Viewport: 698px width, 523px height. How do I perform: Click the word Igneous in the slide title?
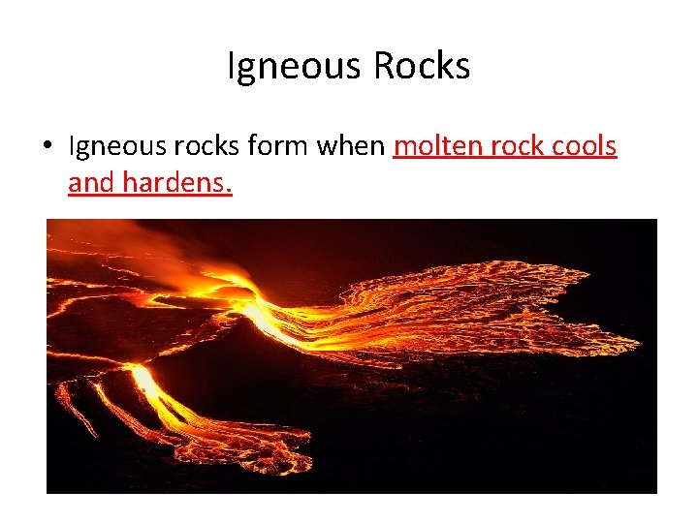(290, 67)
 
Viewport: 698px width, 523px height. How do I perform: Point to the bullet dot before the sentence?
(48, 148)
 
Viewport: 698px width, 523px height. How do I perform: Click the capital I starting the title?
(232, 66)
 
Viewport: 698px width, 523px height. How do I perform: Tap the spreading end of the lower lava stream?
(267, 450)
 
